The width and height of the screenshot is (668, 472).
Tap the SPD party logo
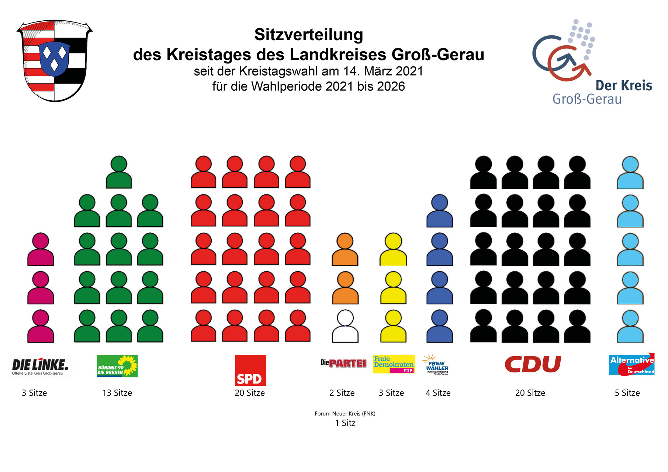(250, 370)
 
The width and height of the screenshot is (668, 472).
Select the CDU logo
(533, 364)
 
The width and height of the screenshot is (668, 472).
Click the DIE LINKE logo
(40, 366)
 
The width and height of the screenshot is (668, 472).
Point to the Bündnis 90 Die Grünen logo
(117, 366)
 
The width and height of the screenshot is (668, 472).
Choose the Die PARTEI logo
(343, 363)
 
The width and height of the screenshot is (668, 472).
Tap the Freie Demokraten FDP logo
(394, 364)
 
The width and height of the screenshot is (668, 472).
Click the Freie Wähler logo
(436, 365)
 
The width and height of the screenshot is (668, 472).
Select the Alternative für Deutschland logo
(631, 364)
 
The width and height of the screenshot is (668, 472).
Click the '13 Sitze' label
(117, 393)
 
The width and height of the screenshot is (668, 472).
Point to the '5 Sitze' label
(627, 393)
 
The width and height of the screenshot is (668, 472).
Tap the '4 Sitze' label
(438, 393)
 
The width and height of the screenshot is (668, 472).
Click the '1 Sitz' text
(345, 423)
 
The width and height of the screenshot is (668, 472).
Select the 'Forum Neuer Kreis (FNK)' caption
(345, 414)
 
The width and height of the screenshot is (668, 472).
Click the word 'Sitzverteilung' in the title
(309, 35)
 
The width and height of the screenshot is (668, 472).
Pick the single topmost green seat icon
(119, 172)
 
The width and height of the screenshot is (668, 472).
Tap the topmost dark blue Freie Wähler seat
(439, 211)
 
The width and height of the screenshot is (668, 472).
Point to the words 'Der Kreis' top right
(624, 86)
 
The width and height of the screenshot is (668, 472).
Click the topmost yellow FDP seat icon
(393, 249)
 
